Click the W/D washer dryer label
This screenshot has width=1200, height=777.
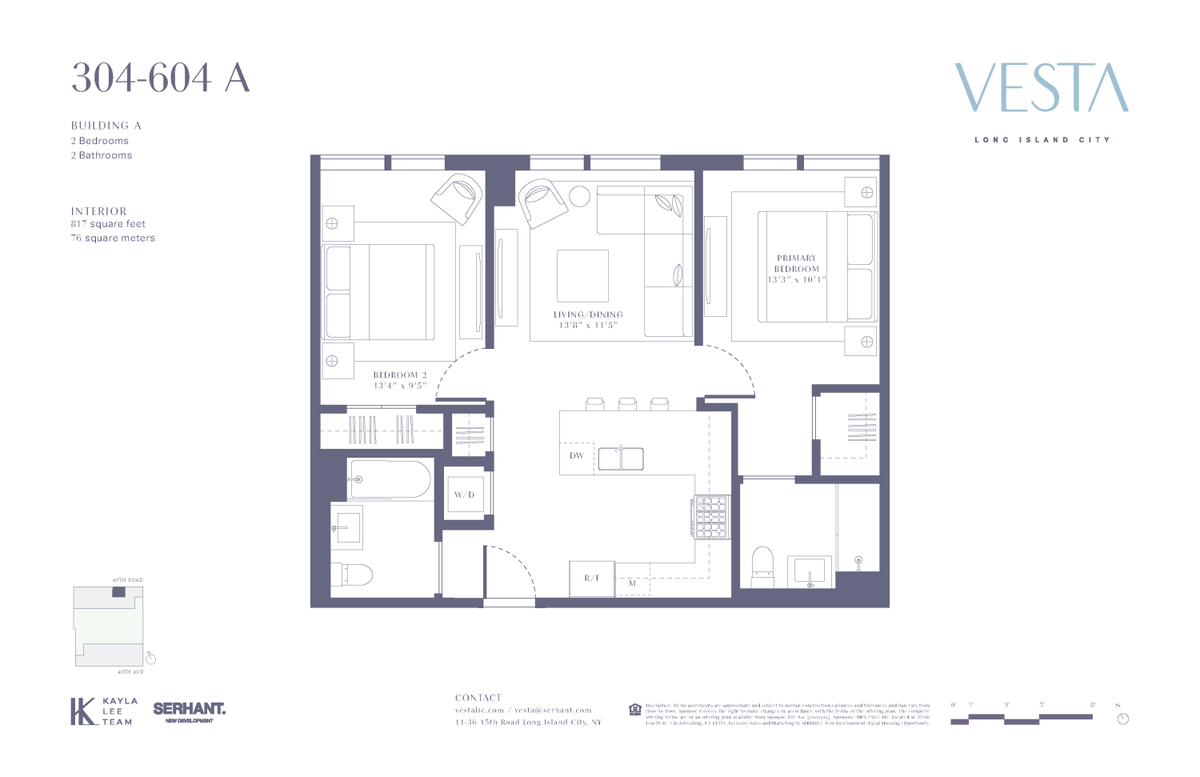pyautogui.click(x=464, y=495)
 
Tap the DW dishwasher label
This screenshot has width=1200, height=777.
pyautogui.click(x=577, y=456)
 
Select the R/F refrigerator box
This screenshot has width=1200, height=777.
pyautogui.click(x=592, y=579)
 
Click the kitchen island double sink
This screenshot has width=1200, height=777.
pyautogui.click(x=621, y=459)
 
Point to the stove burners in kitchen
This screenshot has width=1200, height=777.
pyautogui.click(x=711, y=517)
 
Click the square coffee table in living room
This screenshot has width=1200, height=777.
pyautogui.click(x=582, y=276)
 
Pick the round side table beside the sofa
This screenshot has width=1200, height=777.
pyautogui.click(x=579, y=196)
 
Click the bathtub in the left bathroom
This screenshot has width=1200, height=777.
pyautogui.click(x=390, y=479)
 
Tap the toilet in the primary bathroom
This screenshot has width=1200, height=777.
pyautogui.click(x=762, y=567)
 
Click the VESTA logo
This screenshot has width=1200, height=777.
pyautogui.click(x=1042, y=89)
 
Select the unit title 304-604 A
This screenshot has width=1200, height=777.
pyautogui.click(x=161, y=78)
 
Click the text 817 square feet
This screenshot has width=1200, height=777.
pyautogui.click(x=108, y=224)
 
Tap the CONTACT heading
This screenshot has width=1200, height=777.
pyautogui.click(x=478, y=698)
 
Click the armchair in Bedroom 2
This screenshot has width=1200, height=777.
pyautogui.click(x=457, y=198)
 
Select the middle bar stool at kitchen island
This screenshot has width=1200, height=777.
pyautogui.click(x=627, y=404)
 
